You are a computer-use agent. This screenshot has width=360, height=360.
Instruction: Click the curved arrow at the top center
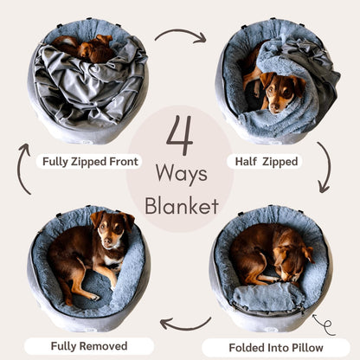[x=180, y=35]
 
